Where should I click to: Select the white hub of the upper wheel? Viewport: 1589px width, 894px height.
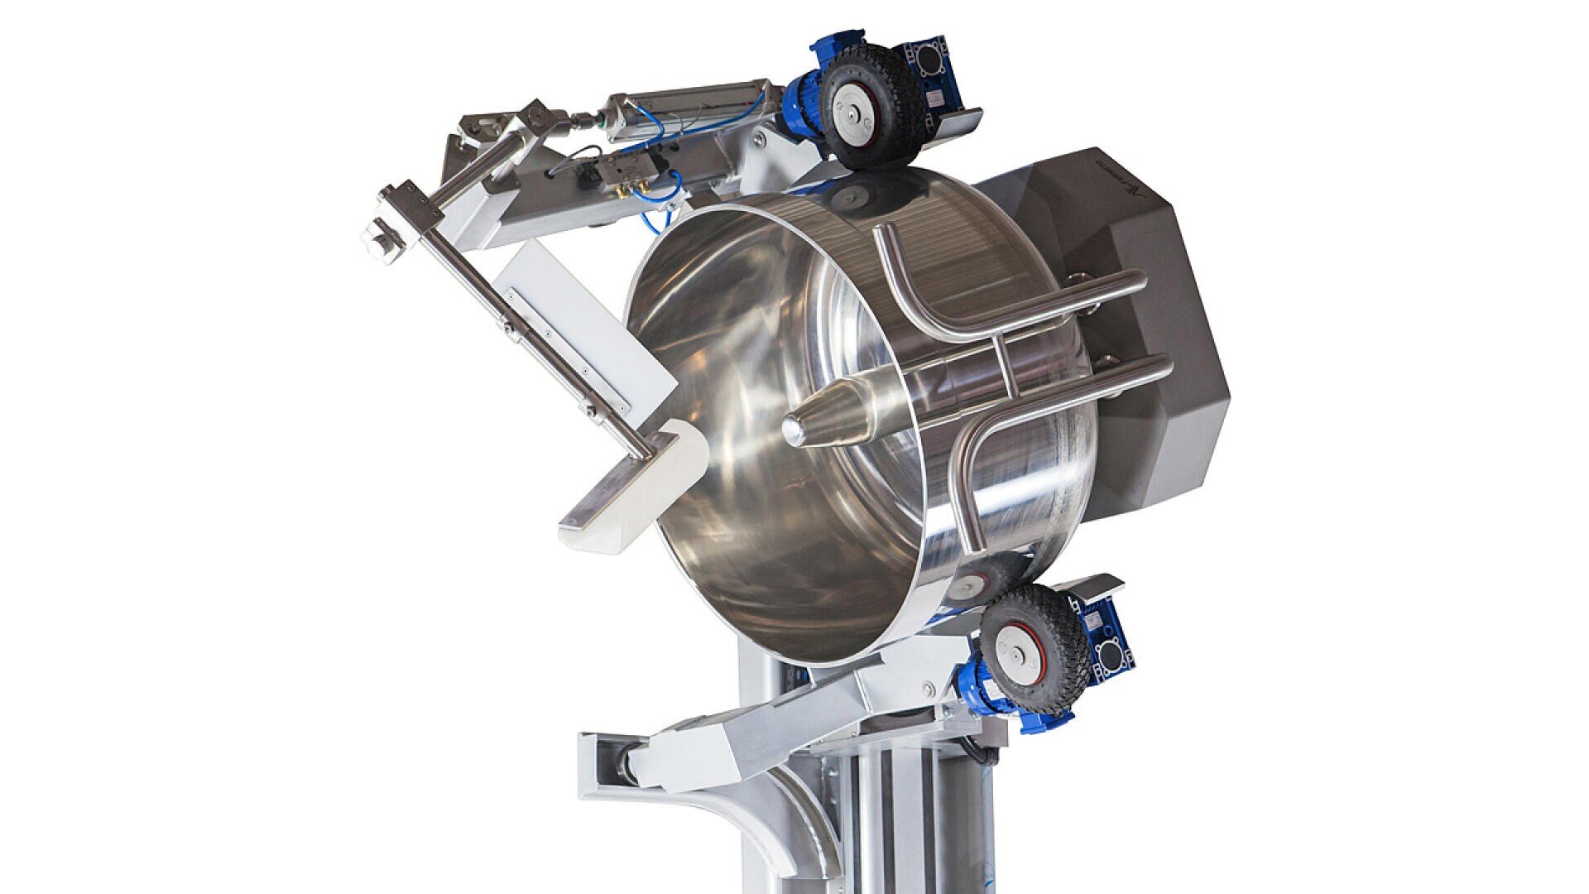(x=852, y=108)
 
